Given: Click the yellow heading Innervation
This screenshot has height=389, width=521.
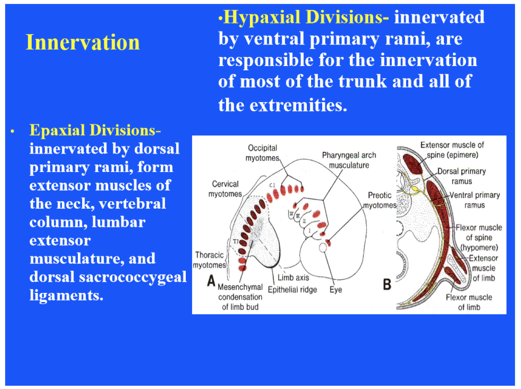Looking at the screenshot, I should (83, 42).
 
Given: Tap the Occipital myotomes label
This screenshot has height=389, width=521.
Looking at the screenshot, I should (262, 153).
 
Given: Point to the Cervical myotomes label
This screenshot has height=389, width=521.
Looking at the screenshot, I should (225, 189).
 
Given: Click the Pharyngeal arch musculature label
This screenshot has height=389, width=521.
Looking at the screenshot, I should (349, 160).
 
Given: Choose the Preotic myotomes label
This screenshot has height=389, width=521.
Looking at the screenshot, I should (379, 200).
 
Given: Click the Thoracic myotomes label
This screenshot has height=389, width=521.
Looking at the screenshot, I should (210, 260).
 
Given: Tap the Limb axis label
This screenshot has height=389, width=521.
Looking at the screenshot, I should (293, 278).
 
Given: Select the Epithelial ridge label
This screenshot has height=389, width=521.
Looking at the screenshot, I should (292, 290).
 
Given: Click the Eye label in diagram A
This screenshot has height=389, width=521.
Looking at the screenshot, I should (336, 290).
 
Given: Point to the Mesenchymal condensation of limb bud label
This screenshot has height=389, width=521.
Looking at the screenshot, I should (240, 297).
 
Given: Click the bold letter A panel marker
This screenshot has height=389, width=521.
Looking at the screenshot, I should (211, 281).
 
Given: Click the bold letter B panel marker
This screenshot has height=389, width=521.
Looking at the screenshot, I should (387, 284).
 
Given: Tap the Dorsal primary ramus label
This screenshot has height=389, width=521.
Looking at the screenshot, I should (461, 176).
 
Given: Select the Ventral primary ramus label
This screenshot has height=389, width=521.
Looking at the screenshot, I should (474, 200).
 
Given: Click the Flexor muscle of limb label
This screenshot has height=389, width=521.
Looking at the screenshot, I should (469, 302).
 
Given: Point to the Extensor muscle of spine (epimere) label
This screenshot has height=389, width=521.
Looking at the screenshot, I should (452, 150).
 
